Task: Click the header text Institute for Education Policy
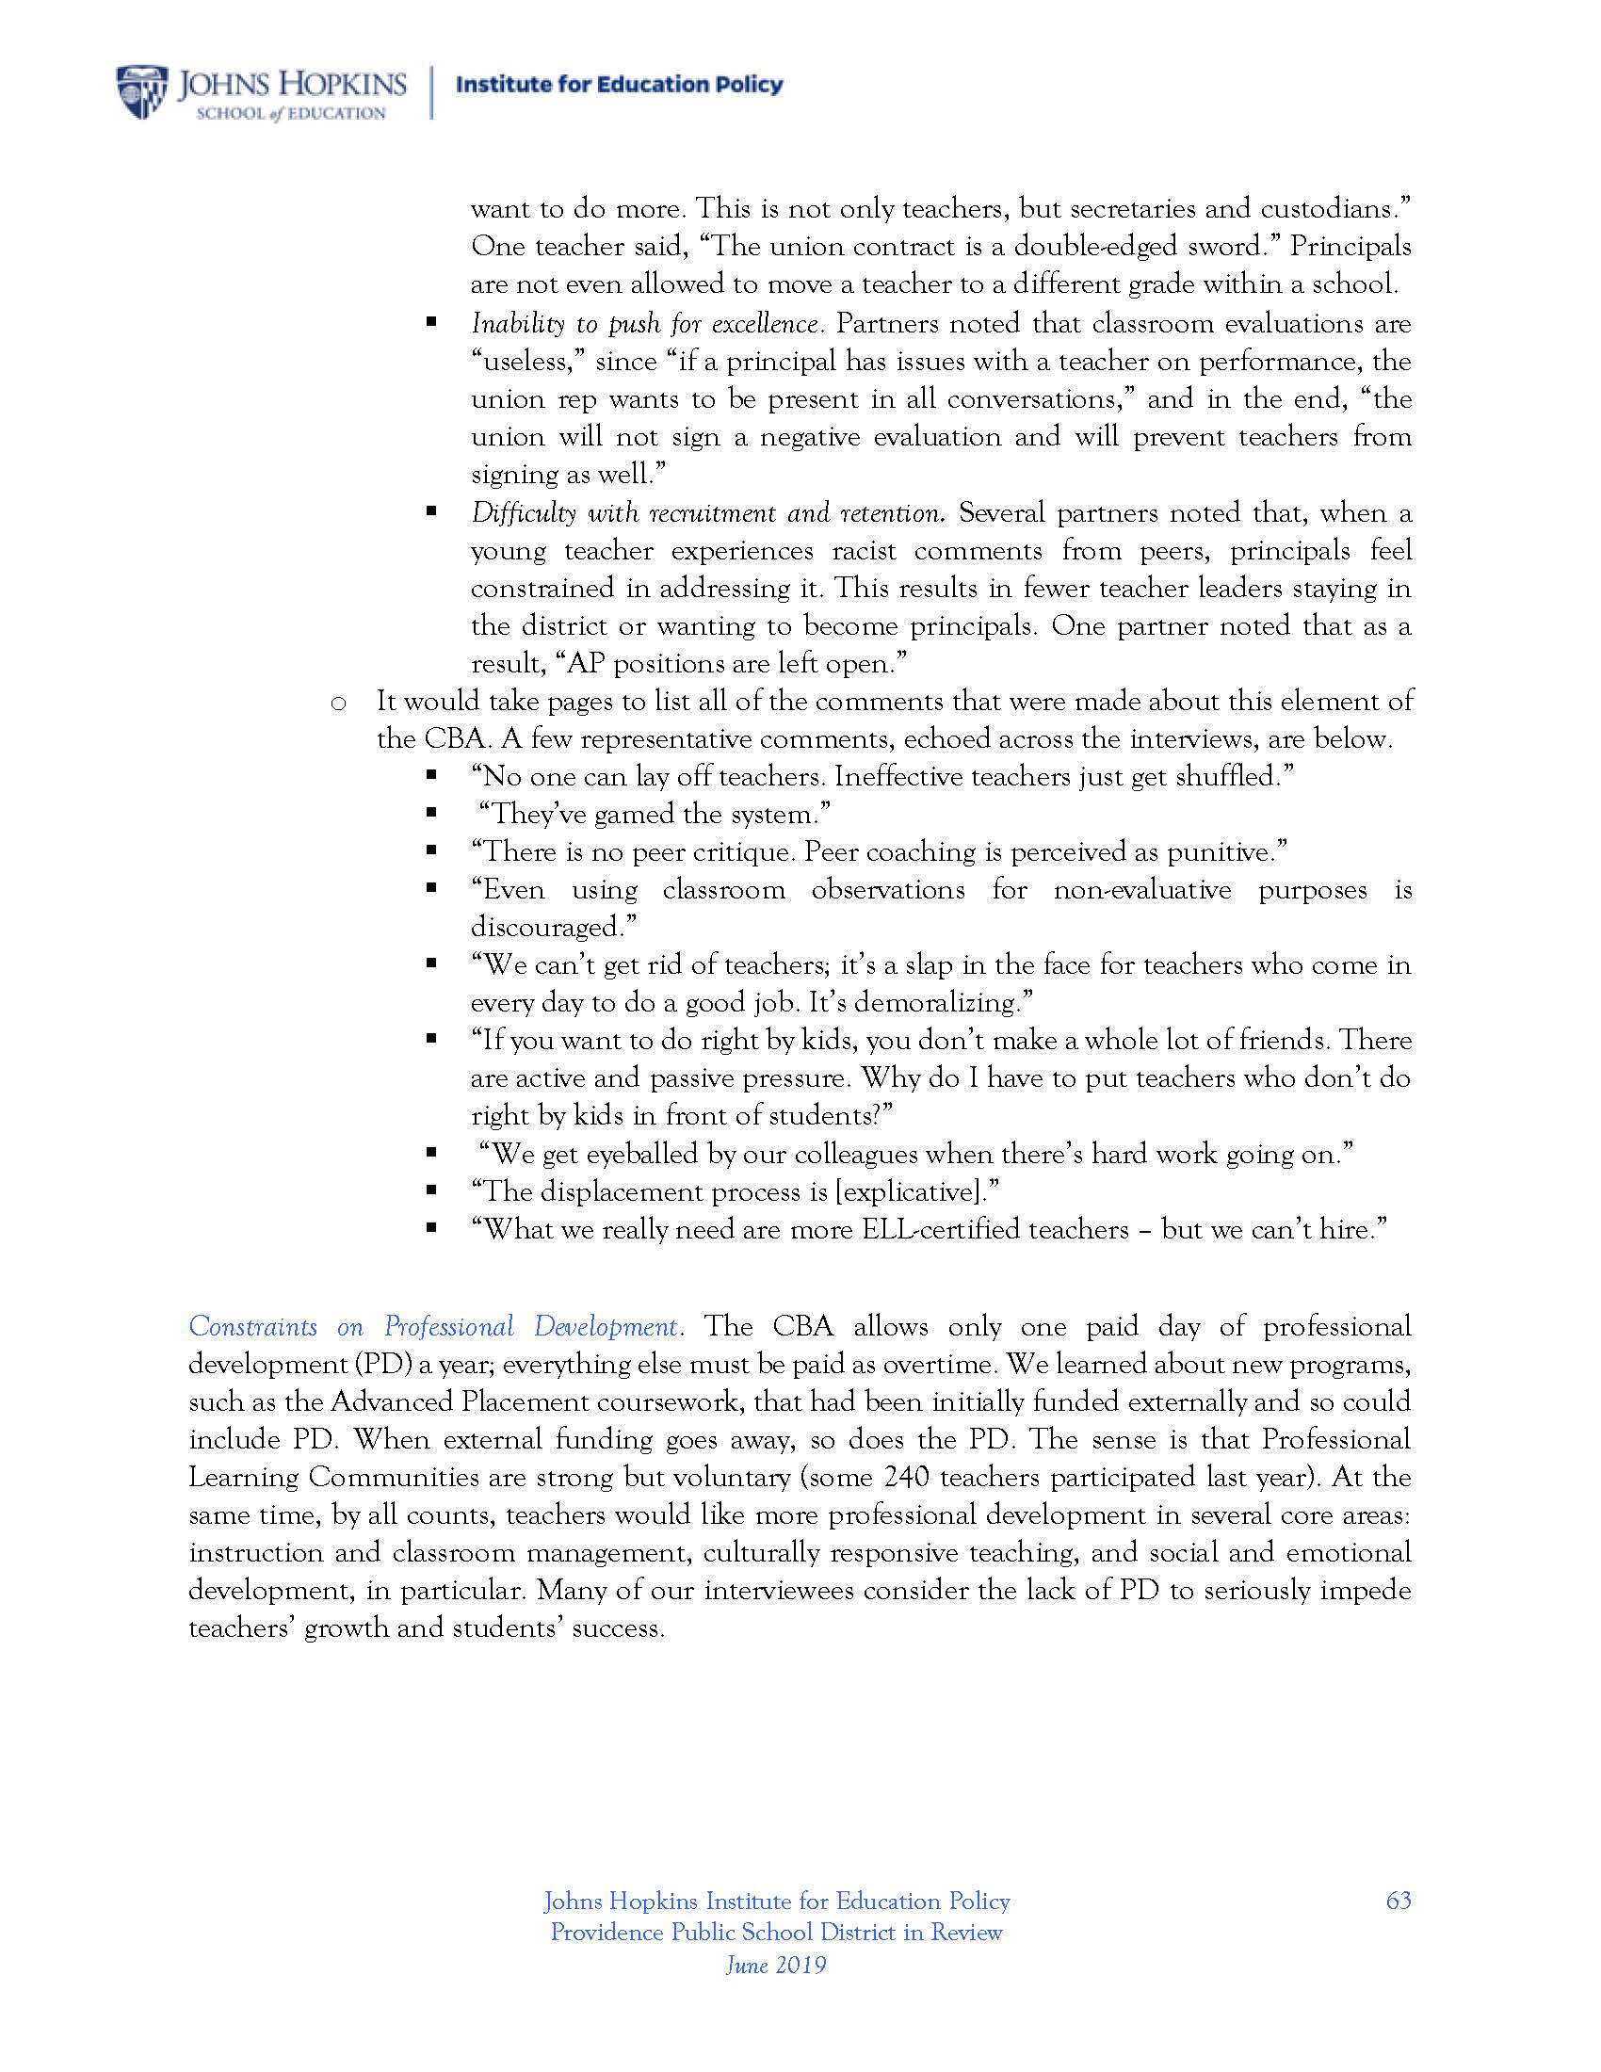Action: (620, 85)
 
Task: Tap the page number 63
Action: (1398, 1900)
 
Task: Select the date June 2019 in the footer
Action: (776, 1964)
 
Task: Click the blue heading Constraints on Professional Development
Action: (433, 1325)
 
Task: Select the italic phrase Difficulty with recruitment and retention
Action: (707, 513)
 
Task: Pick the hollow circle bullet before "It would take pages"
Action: (337, 703)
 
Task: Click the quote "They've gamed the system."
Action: (655, 814)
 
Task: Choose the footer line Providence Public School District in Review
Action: (776, 1932)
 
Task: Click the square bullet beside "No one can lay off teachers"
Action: (431, 776)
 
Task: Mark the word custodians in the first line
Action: (1333, 209)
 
